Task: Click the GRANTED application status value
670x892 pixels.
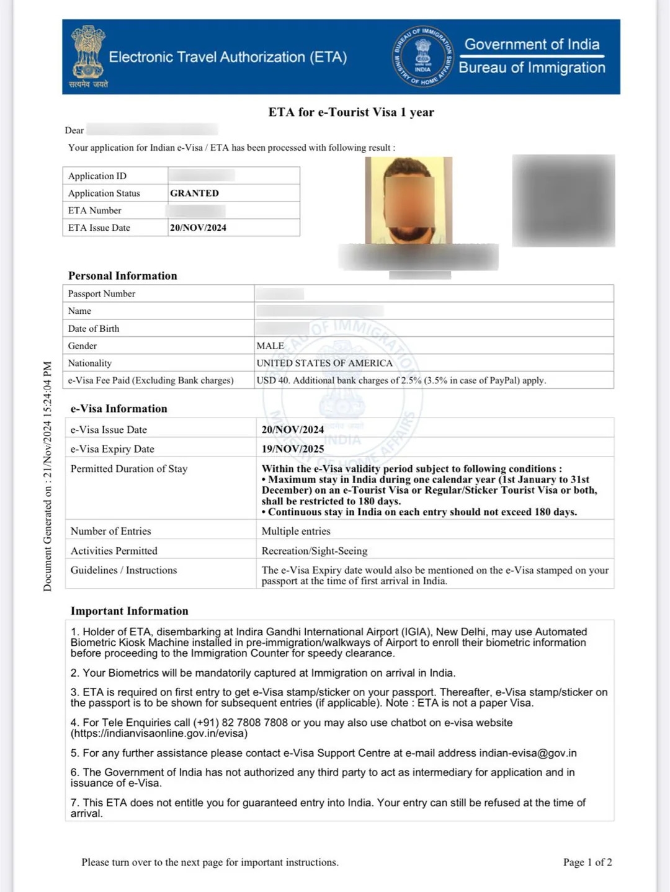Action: [x=194, y=193]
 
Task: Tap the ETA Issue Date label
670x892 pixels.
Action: [x=99, y=228]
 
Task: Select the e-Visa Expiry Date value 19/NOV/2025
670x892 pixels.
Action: [x=293, y=448]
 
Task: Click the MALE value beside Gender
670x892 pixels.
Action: [x=270, y=346]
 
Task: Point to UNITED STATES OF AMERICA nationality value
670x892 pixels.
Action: [x=324, y=363]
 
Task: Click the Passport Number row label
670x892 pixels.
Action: [x=102, y=293]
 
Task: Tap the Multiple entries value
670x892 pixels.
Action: [x=296, y=531]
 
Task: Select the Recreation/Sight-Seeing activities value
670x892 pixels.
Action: [x=315, y=551]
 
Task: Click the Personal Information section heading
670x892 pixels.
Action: [x=123, y=275]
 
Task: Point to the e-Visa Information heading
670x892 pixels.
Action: [x=118, y=408]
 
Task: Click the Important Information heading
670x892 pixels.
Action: [x=129, y=611]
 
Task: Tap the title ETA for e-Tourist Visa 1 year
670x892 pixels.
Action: [x=351, y=112]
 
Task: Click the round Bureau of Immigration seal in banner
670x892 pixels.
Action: [x=422, y=57]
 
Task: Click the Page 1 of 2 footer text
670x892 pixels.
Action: [x=587, y=862]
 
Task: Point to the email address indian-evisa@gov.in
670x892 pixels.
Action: [x=527, y=753]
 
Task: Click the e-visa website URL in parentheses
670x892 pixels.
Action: [x=159, y=733]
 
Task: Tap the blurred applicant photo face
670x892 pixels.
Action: [x=409, y=202]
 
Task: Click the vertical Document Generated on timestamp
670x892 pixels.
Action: [x=48, y=476]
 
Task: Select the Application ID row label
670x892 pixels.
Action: [x=97, y=176]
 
